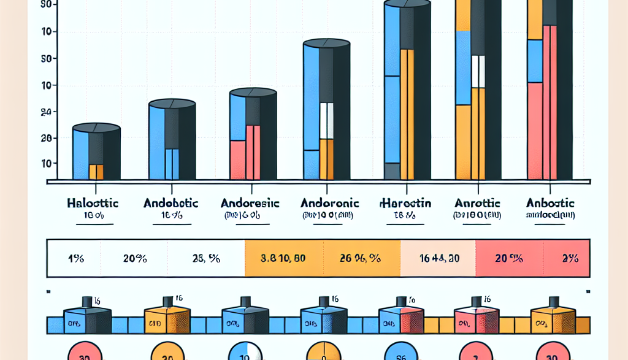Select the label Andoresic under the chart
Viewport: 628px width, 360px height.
point(249,202)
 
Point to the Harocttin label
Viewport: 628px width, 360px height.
point(405,203)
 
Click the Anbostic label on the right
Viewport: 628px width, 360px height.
point(550,202)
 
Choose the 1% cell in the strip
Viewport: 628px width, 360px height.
point(75,258)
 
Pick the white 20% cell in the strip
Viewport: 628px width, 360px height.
point(134,258)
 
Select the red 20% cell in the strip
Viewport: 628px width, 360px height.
point(508,258)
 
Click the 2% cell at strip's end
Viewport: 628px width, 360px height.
point(570,258)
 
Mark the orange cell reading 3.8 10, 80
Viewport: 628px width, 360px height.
point(283,258)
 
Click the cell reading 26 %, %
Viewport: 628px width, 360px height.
point(361,258)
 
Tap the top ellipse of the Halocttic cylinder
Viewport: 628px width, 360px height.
point(96,128)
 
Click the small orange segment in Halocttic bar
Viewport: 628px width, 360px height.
point(96,172)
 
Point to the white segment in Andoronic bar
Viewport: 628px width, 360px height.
point(327,121)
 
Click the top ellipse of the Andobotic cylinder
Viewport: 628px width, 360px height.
point(172,102)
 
